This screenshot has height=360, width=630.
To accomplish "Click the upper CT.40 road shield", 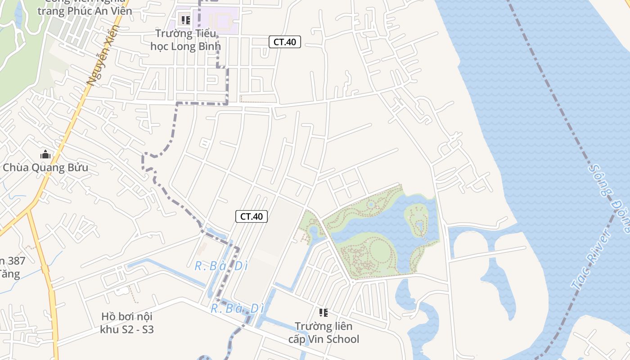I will pos(284,42).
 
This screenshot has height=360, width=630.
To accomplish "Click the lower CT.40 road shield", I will pos(252,216).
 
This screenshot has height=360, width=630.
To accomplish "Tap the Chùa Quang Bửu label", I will pos(45,168).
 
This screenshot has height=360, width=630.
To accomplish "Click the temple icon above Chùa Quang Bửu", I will pos(45,155).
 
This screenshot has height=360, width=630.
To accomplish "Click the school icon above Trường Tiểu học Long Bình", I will pos(185,20).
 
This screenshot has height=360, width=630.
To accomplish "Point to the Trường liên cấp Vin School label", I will pos(324,332).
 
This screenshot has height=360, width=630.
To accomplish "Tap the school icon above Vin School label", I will pos(323,312).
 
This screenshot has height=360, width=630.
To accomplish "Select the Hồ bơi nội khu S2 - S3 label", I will pos(127,323).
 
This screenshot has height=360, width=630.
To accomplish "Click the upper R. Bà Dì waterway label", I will pos(221,266).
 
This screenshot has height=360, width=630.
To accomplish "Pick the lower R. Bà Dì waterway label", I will pos(237,309).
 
